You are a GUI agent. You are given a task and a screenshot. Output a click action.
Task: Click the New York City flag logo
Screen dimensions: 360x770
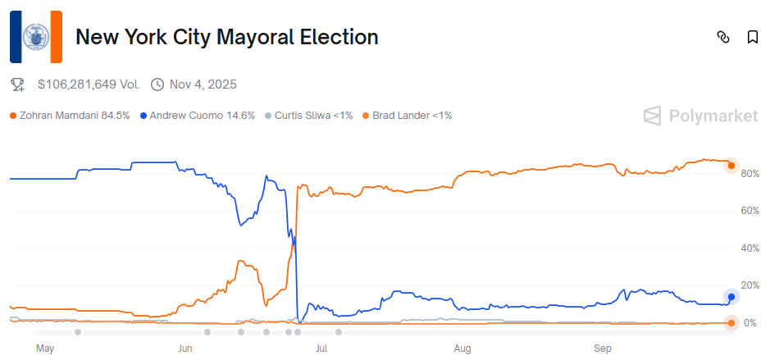[35, 37]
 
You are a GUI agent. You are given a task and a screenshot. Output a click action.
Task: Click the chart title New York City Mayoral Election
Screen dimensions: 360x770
[227, 37]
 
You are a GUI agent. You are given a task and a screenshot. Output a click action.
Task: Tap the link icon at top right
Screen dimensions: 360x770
[723, 37]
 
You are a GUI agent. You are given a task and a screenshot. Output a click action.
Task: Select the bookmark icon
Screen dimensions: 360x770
[752, 37]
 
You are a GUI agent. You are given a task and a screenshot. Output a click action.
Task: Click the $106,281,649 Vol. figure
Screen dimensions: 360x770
[89, 84]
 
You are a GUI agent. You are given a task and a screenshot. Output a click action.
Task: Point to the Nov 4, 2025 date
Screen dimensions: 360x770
[203, 84]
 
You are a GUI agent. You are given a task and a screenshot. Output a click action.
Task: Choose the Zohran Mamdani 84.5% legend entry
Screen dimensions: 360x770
[70, 116]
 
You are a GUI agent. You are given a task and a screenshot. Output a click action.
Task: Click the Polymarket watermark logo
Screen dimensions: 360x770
[700, 116]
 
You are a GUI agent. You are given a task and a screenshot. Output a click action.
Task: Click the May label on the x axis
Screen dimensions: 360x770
[45, 349]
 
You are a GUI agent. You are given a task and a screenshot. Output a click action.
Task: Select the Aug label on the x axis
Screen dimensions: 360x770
[463, 349]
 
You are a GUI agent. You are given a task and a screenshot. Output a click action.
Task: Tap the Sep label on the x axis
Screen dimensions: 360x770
[603, 349]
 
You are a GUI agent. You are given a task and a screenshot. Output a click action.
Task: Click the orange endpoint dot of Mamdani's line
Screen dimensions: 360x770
[731, 166]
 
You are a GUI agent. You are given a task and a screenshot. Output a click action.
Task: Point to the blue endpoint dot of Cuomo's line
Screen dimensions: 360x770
[731, 297]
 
